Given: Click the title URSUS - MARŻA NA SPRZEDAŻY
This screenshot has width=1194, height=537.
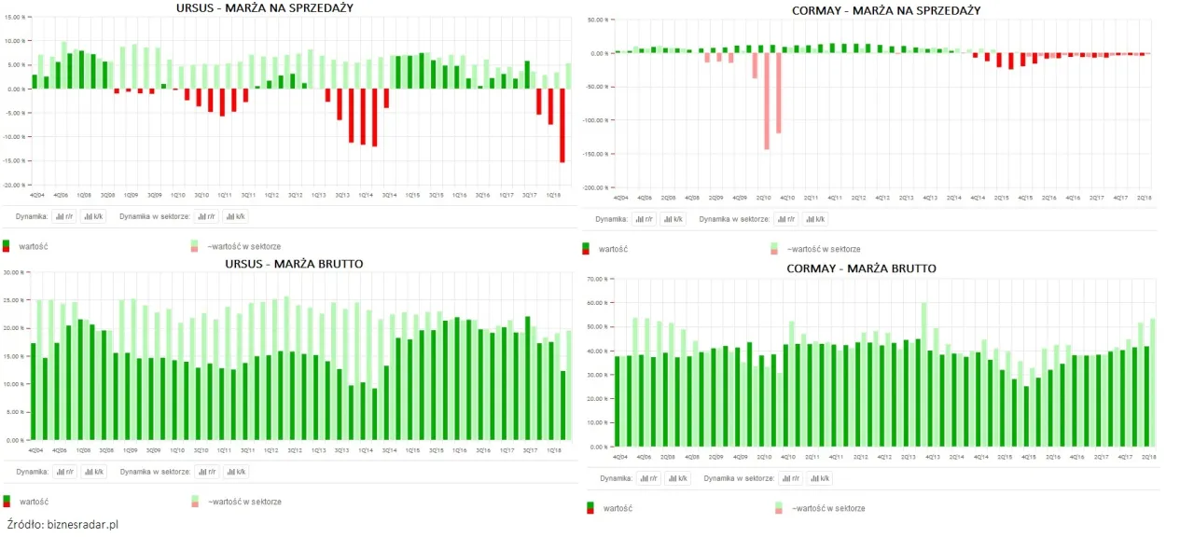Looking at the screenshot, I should (x=271, y=8).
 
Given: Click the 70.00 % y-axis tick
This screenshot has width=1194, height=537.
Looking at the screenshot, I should (x=597, y=279).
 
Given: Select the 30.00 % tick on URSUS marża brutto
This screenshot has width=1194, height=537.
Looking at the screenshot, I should (x=13, y=272).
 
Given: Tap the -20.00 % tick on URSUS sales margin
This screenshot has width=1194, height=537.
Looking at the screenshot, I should (x=13, y=185).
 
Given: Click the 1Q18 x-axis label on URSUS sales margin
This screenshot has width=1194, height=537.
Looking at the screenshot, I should (x=552, y=195).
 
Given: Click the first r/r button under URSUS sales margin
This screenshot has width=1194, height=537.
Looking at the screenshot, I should (x=65, y=216).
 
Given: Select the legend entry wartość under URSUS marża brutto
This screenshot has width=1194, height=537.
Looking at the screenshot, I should (x=32, y=501).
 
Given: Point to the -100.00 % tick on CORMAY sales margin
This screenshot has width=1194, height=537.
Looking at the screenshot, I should (x=596, y=120).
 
